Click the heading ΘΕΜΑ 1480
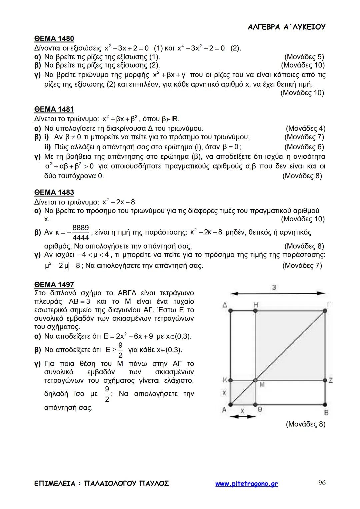pyautogui.click(x=54, y=39)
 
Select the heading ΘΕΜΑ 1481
pyautogui.click(x=54, y=109)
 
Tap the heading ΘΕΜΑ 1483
pyautogui.click(x=54, y=192)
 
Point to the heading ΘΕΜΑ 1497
pyautogui.click(x=54, y=284)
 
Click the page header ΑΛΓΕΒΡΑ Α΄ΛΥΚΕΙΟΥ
pyautogui.click(x=287, y=27)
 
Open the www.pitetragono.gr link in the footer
pyautogui.click(x=246, y=484)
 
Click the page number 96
pyautogui.click(x=322, y=483)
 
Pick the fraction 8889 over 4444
pyautogui.click(x=81, y=233)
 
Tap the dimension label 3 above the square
pyautogui.click(x=274, y=287)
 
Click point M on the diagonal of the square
pyautogui.click(x=256, y=380)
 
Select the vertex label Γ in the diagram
pyautogui.click(x=329, y=304)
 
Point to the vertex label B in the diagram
pyautogui.click(x=326, y=412)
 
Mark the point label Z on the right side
pyautogui.click(x=330, y=380)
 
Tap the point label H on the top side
pyautogui.click(x=256, y=304)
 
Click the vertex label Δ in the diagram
pyautogui.click(x=225, y=305)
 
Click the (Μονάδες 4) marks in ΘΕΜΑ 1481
pyautogui.click(x=305, y=128)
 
